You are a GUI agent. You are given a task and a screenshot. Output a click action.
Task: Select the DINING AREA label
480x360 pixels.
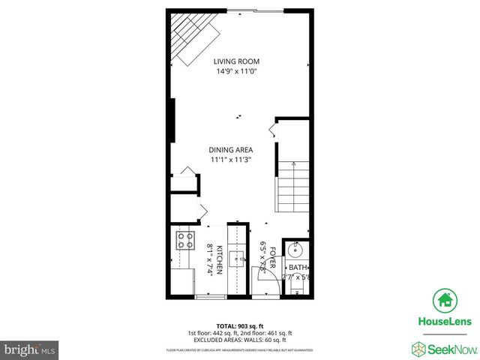point(229,149)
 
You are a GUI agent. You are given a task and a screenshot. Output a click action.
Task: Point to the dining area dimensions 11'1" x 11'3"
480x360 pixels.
point(229,160)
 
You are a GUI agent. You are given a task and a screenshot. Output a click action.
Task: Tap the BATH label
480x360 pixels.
point(298,268)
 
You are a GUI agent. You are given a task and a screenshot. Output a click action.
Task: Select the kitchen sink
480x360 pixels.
point(238,259)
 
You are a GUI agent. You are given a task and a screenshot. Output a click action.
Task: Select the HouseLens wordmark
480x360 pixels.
point(444,321)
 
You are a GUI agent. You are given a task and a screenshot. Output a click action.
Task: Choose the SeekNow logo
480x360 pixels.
point(442,348)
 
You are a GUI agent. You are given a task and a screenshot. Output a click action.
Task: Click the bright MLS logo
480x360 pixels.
point(30,349)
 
